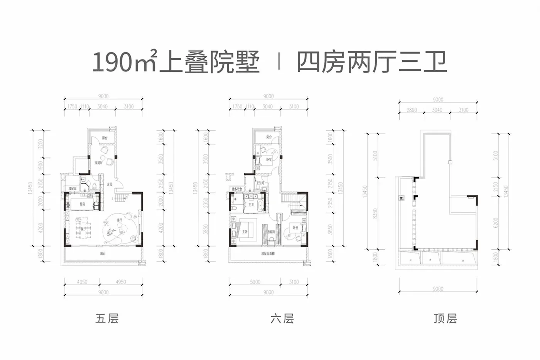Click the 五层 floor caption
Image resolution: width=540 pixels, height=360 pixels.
click(107, 319)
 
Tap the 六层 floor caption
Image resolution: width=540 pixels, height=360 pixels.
click(282, 319)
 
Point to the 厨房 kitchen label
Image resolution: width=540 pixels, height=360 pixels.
click(82, 204)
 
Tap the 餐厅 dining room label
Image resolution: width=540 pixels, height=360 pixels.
click(84, 229)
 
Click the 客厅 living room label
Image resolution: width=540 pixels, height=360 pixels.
click(119, 220)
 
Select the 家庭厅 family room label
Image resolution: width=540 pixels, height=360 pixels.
click(99, 163)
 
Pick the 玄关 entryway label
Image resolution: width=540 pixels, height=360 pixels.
click(110, 184)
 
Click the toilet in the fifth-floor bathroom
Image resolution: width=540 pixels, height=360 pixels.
click(94, 187)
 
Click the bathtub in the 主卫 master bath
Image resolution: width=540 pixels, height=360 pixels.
click(262, 205)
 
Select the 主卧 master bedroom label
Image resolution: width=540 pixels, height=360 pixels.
click(245, 232)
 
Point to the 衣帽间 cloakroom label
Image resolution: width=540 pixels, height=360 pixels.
click(271, 232)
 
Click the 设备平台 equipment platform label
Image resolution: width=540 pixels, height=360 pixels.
click(236, 189)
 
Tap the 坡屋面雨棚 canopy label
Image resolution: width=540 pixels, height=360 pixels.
click(268, 254)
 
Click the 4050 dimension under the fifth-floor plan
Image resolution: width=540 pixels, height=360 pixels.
click(82, 282)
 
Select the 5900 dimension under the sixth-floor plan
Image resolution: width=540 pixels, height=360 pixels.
click(255, 282)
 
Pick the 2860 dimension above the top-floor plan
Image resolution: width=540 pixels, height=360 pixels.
click(412, 110)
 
